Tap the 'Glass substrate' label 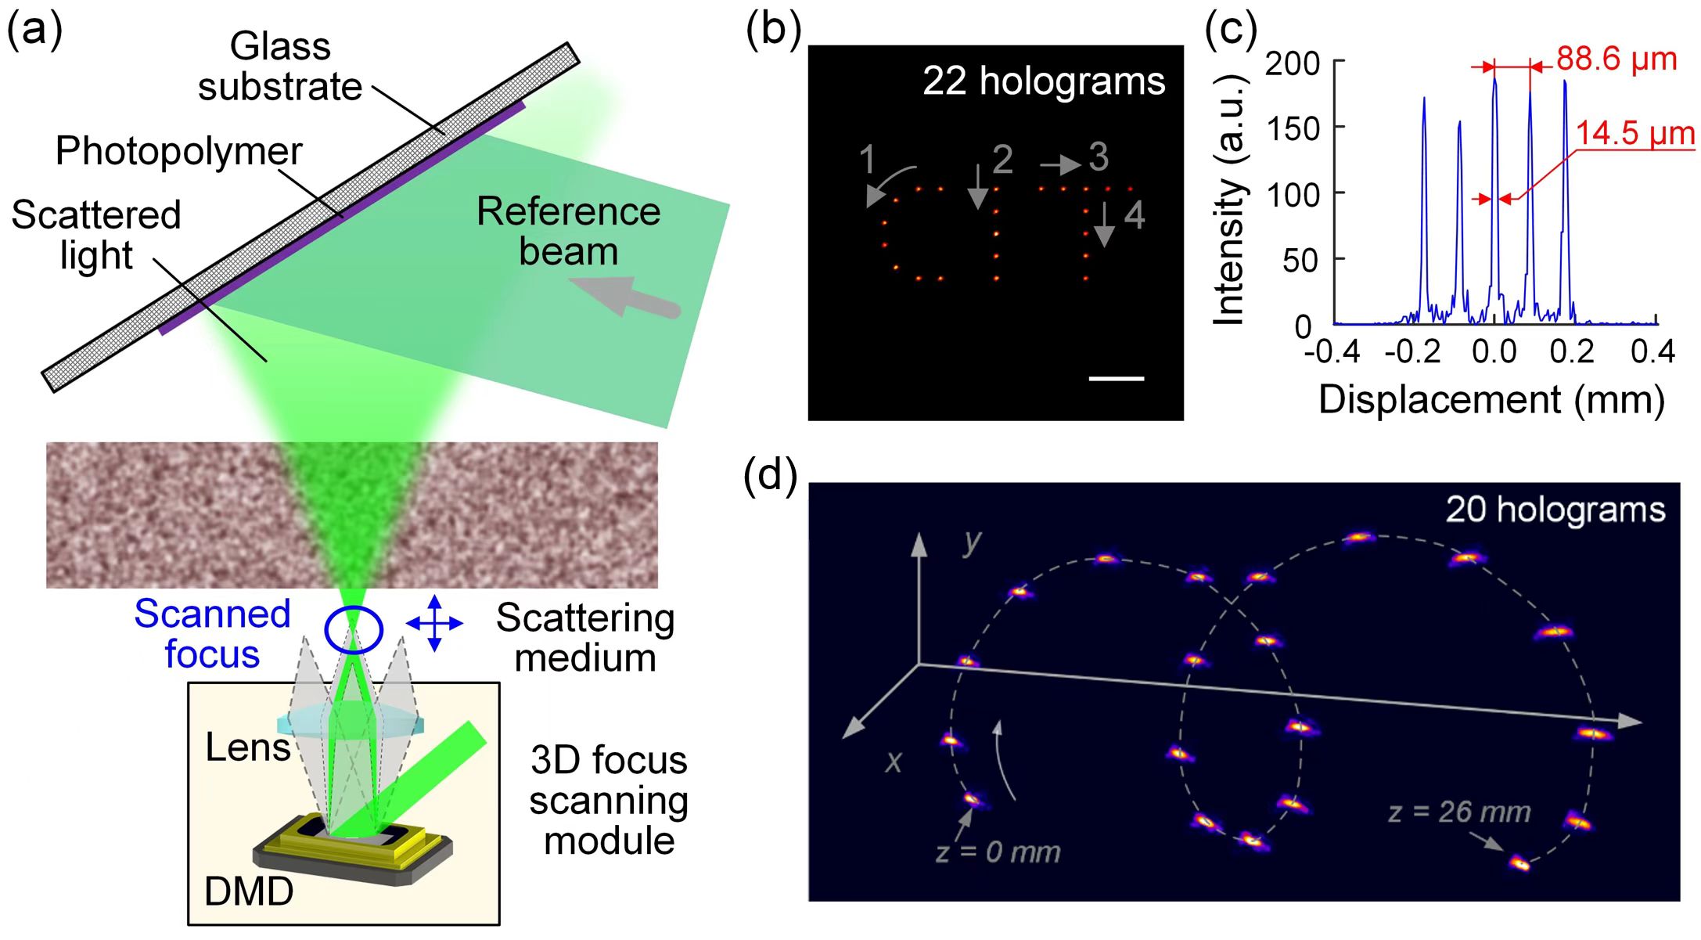280,67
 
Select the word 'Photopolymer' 178,151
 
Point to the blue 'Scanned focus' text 212,634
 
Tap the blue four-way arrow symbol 435,624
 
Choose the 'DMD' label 249,891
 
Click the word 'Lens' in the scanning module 248,747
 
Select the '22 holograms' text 1044,81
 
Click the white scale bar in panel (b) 1117,379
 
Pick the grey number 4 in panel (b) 1135,215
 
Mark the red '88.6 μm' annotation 1616,59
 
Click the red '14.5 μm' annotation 1635,133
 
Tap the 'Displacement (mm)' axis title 1491,399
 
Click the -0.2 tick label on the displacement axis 1413,352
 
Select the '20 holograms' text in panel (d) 1555,510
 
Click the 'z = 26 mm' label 1459,812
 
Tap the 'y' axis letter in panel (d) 972,542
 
